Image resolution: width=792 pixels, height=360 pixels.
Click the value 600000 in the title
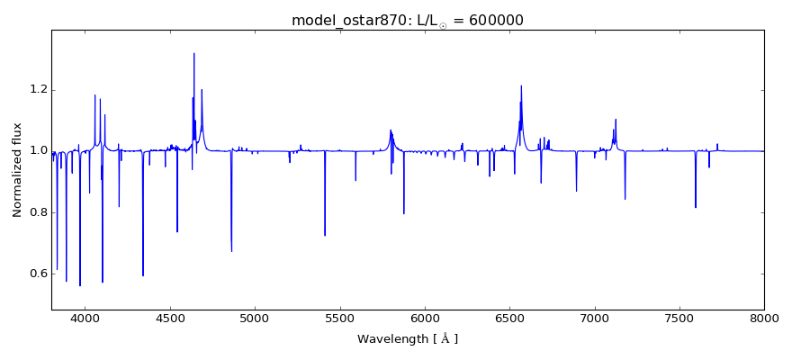[x=490, y=21]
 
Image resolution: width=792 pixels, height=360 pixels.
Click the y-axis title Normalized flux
[x=18, y=170]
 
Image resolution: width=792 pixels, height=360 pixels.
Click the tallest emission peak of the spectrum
[x=193, y=53]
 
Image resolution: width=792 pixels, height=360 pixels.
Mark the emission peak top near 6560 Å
[x=521, y=86]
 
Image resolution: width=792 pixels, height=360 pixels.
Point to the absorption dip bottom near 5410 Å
[x=325, y=235]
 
